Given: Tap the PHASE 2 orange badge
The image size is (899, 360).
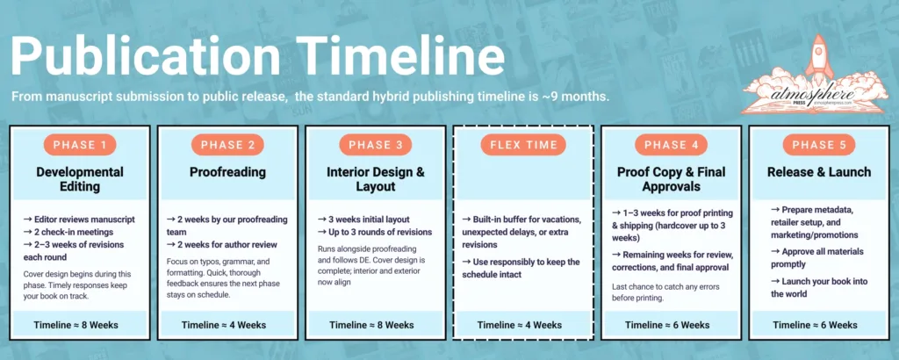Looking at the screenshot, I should pos(228,145).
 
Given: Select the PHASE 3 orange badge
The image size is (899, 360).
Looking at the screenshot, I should pos(375,145).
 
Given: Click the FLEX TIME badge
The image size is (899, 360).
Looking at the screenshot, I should pos(523,145).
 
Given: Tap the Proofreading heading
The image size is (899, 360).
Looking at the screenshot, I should pos(228,172).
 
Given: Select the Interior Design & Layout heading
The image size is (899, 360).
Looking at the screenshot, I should pos(375,179).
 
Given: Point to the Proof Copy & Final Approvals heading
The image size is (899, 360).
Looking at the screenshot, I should pos(671,179).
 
